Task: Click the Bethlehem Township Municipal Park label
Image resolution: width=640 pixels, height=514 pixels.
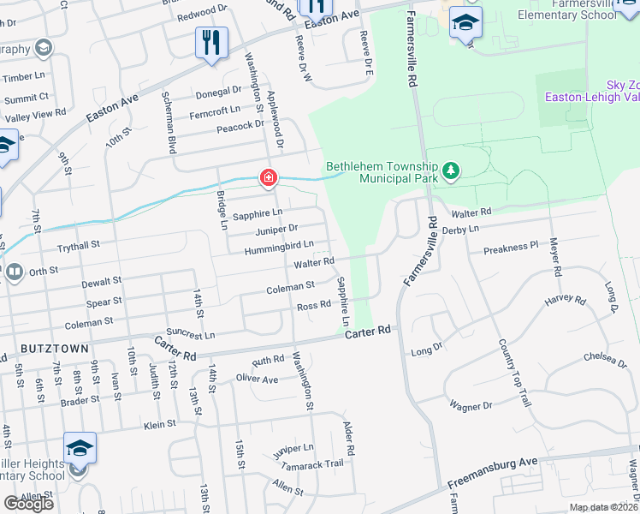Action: pyautogui.click(x=382, y=173)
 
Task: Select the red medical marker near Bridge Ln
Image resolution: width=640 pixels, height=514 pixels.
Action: pyautogui.click(x=268, y=178)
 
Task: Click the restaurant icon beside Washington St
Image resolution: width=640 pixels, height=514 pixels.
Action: pyautogui.click(x=210, y=42)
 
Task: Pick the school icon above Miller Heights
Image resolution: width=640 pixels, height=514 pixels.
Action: pyautogui.click(x=80, y=449)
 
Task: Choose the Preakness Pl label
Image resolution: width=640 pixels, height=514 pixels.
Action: pyautogui.click(x=511, y=246)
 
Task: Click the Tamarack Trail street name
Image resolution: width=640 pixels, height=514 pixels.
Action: pyautogui.click(x=314, y=463)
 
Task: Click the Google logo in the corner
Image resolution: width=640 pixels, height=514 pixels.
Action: pyautogui.click(x=29, y=504)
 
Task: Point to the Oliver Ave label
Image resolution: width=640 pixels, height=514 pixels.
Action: pyautogui.click(x=257, y=379)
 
